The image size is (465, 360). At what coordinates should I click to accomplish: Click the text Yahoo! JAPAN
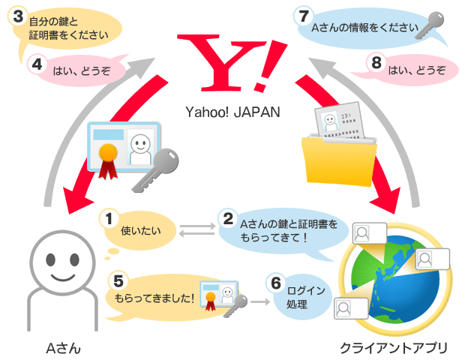click(232, 112)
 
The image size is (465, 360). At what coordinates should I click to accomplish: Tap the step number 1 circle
click(109, 219)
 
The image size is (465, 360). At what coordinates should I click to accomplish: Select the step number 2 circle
click(228, 219)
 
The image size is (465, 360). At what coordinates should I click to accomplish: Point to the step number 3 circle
click(18, 16)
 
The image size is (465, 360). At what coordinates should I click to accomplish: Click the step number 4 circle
click(37, 64)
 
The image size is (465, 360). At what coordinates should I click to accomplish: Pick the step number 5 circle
click(118, 280)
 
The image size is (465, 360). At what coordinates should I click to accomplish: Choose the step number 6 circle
click(276, 283)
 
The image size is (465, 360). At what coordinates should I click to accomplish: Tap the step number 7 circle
click(304, 16)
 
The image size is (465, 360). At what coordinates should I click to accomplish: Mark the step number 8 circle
click(376, 63)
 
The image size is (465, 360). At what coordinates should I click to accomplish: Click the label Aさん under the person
click(63, 348)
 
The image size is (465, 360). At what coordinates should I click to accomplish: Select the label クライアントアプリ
click(394, 348)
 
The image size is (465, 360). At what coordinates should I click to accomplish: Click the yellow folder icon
click(339, 161)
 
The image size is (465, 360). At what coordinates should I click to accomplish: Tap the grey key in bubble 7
click(429, 25)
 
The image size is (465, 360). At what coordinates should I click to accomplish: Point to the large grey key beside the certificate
click(155, 170)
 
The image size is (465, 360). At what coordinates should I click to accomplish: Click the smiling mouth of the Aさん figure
click(63, 277)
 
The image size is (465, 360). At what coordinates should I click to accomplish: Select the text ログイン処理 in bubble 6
click(305, 298)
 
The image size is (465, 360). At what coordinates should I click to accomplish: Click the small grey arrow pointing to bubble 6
click(260, 302)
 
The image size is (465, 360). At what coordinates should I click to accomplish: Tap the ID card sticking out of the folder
click(339, 120)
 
